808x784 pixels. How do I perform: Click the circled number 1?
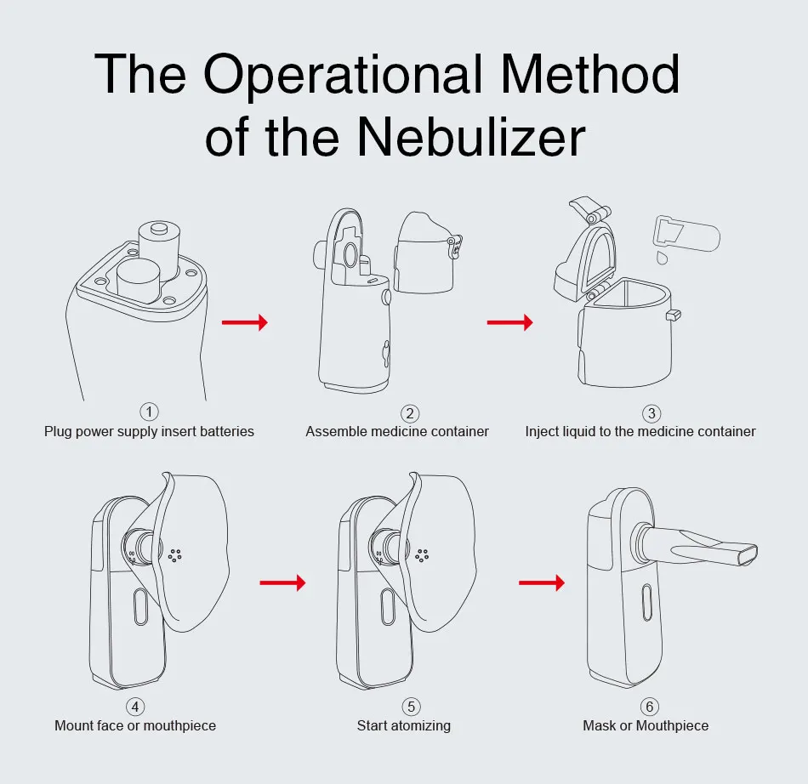(x=149, y=412)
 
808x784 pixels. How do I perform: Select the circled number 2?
(x=410, y=413)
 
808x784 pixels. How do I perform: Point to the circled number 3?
(x=652, y=413)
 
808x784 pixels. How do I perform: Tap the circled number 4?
(x=135, y=707)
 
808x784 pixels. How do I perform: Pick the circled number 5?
(x=412, y=707)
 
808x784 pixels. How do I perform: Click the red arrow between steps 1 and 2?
(x=244, y=323)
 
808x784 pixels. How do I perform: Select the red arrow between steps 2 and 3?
(x=509, y=323)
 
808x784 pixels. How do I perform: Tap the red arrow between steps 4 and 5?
(x=282, y=583)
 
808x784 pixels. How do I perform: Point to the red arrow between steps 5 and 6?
(x=542, y=583)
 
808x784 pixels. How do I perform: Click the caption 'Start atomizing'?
(x=404, y=726)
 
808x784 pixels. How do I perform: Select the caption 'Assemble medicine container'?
(x=397, y=432)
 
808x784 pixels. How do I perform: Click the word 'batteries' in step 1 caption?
(x=226, y=432)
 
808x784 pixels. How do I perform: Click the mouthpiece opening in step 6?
(x=747, y=554)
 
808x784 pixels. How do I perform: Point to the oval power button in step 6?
(x=645, y=603)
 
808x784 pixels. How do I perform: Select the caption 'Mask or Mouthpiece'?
(x=646, y=726)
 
